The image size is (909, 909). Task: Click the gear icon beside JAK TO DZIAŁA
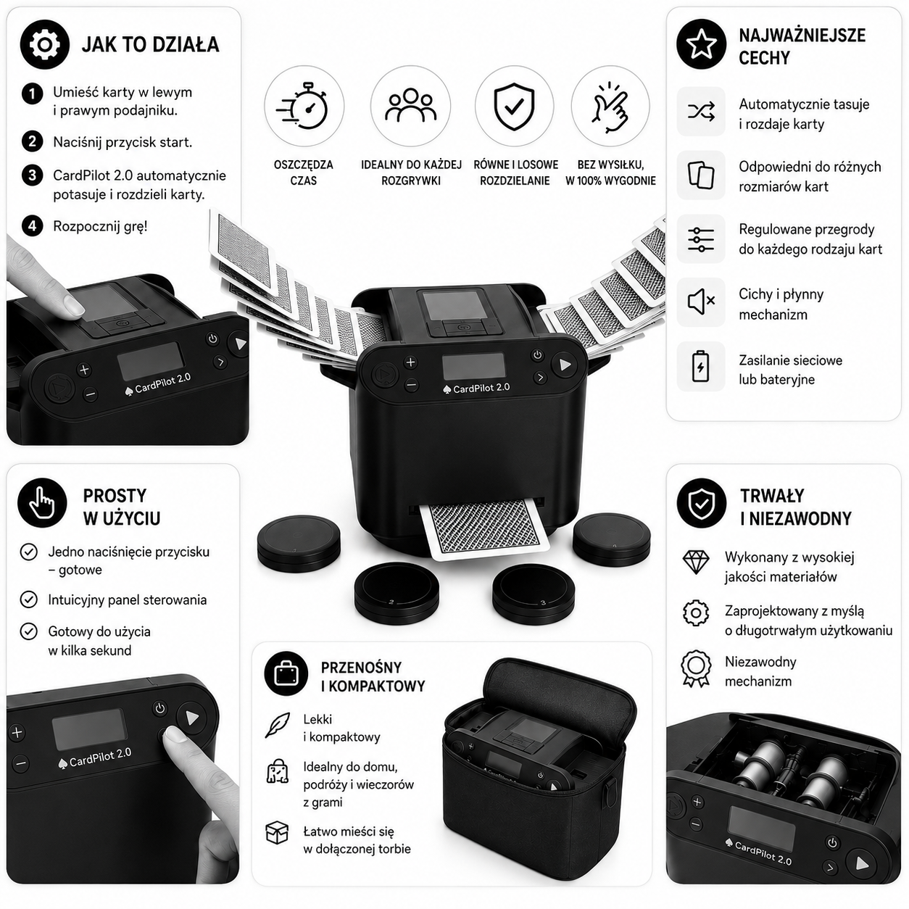pos(45,45)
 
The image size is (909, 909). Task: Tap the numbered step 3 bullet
pos(32,175)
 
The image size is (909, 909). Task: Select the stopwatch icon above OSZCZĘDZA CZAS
pos(304,106)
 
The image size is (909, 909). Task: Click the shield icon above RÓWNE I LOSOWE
pos(514,107)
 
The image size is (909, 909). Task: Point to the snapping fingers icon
pos(610,107)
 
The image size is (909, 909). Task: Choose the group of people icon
pos(410,106)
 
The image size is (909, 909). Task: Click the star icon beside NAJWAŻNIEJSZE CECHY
pos(701,44)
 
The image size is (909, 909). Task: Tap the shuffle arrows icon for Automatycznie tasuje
pos(701,112)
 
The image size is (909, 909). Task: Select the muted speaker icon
pos(701,302)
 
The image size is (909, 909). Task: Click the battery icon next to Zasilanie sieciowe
pos(700,366)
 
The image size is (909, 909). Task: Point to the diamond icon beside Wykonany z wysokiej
pos(696,563)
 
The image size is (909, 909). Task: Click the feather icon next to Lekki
pos(278,725)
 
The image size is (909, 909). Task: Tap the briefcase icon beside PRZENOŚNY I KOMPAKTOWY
pos(286,673)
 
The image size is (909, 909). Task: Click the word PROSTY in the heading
pos(115,496)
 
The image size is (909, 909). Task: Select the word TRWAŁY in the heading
pos(772,496)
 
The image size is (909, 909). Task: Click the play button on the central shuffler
pos(564,365)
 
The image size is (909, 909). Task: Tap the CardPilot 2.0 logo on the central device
pos(476,389)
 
